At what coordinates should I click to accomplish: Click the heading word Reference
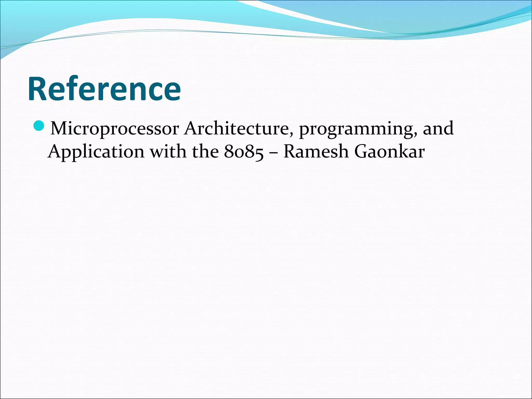pyautogui.click(x=104, y=89)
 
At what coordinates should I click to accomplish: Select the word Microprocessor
pyautogui.click(x=115, y=129)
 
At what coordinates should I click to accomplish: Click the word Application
pyautogui.click(x=96, y=152)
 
